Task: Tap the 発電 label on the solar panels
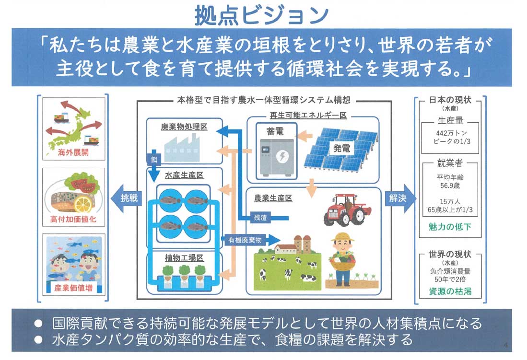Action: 342,148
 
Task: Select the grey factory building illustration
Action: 182,146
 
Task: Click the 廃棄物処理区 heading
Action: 183,127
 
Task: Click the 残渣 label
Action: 261,217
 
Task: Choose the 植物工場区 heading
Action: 184,258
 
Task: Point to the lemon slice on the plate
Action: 83,204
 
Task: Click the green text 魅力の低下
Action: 450,226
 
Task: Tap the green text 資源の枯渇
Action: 450,291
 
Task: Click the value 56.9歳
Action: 450,185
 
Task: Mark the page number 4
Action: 506,345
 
